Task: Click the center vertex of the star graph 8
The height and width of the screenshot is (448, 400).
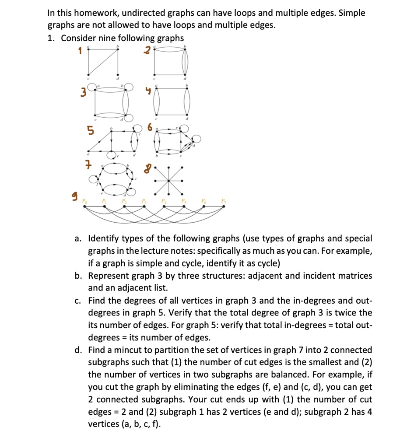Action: [x=168, y=180]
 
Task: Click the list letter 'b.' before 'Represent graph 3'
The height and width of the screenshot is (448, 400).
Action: [x=79, y=276]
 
